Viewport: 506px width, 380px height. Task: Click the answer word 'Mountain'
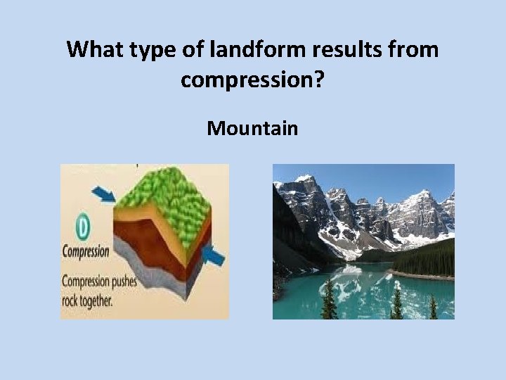252,129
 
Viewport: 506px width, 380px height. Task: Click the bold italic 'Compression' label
86,251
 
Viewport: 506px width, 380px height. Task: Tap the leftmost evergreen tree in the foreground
327,299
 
